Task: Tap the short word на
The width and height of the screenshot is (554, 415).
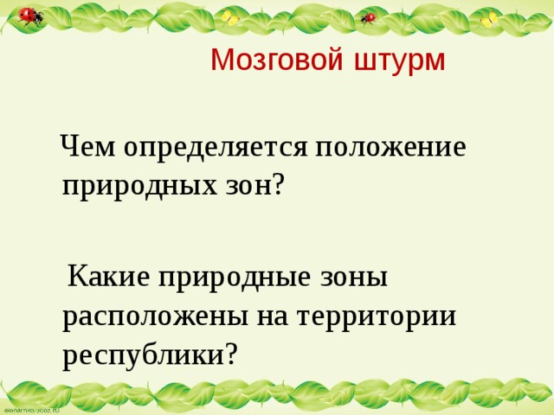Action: [270, 316]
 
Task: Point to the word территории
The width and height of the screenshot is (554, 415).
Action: [377, 316]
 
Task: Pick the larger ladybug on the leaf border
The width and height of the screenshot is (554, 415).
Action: [31, 16]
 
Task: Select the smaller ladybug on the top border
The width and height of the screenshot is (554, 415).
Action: [370, 17]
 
